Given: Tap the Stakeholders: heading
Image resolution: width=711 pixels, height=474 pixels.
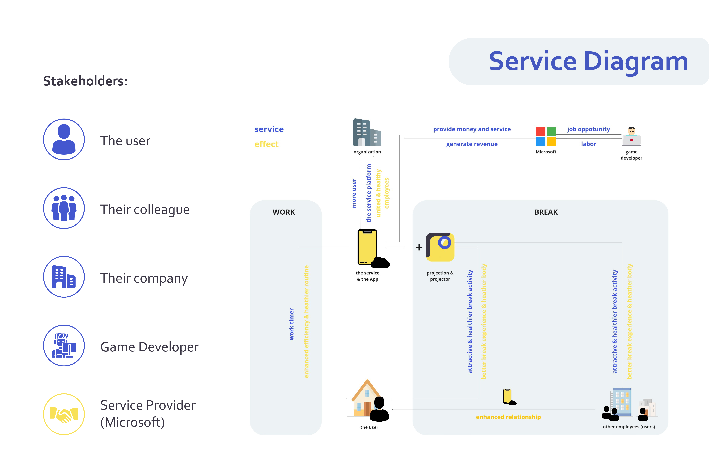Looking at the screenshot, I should pyautogui.click(x=85, y=81).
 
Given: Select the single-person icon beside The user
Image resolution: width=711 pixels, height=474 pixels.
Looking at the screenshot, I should pyautogui.click(x=64, y=139).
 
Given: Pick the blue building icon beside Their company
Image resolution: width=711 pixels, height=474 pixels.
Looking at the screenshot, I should pyautogui.click(x=64, y=277).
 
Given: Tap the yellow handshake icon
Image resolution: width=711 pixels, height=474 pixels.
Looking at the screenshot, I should pyautogui.click(x=64, y=414).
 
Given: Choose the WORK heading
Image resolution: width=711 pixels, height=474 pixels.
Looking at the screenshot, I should pyautogui.click(x=284, y=212).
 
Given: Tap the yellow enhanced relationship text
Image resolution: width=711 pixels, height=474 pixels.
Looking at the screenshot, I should pyautogui.click(x=508, y=417).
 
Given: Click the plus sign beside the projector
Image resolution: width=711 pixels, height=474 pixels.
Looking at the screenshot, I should pyautogui.click(x=419, y=247).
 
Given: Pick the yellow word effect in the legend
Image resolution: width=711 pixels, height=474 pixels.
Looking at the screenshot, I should pyautogui.click(x=266, y=144).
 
